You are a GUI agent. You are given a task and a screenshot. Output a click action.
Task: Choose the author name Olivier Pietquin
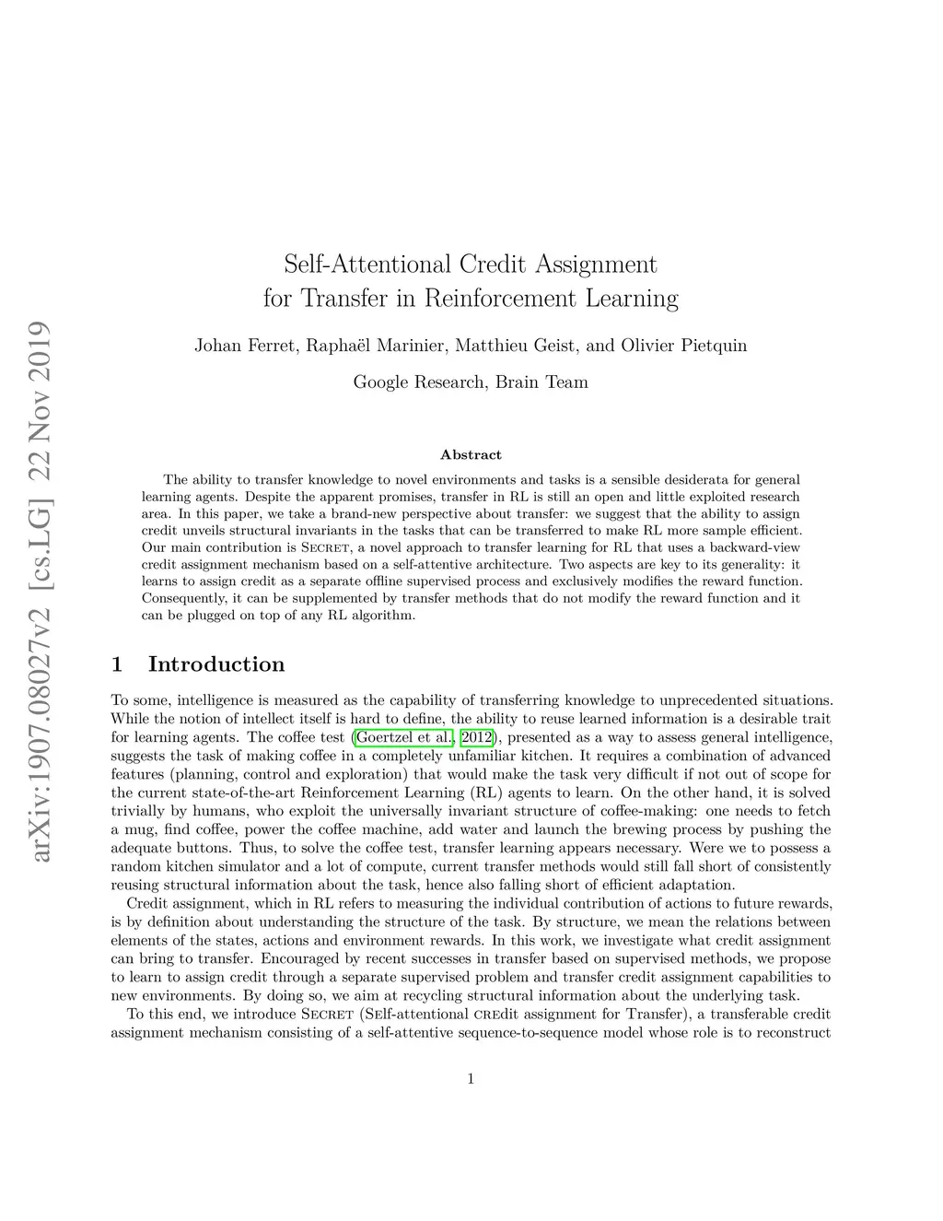coord(684,346)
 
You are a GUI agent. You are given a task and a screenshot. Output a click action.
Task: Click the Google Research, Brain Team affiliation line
coord(471,382)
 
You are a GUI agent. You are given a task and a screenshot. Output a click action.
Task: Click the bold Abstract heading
coord(471,454)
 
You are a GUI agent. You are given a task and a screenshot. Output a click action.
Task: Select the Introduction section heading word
coord(216,664)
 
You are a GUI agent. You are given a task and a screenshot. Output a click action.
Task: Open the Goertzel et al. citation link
coord(403,737)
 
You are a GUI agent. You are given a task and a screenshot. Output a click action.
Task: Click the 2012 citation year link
coord(477,737)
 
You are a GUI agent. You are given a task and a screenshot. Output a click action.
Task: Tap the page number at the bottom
coord(471,1079)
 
